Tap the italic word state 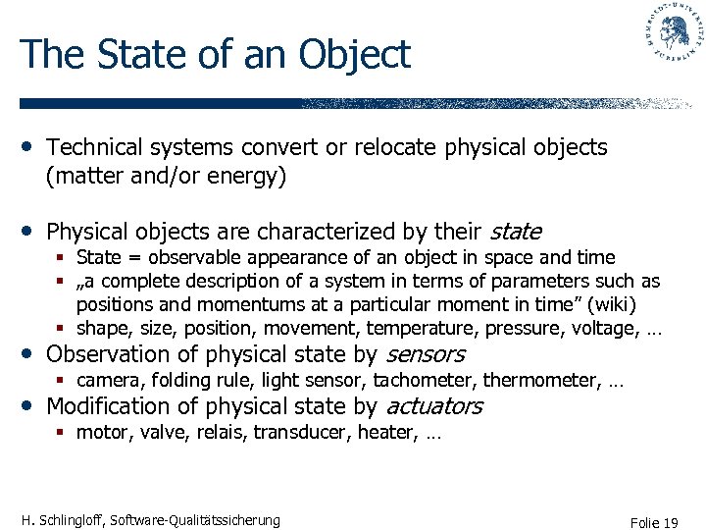(515, 232)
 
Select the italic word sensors (425, 354)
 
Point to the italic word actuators (434, 406)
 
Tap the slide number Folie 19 (655, 523)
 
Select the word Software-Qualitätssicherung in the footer (196, 520)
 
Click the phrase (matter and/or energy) (166, 178)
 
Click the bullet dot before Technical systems (27, 146)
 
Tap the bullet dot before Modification (27, 404)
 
